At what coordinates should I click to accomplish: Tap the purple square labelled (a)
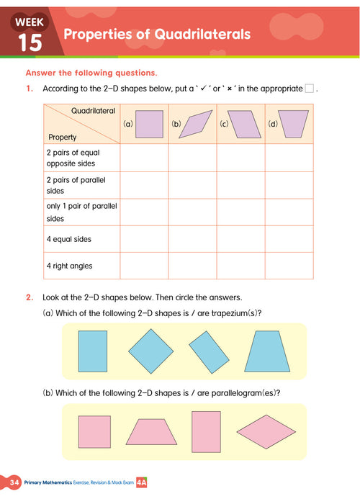[x=149, y=123]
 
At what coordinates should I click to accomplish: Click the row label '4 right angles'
[x=70, y=266]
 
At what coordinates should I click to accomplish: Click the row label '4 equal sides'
[x=69, y=239]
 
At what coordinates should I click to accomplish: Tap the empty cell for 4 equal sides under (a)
[x=144, y=239]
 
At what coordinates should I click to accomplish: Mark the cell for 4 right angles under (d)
[x=289, y=266]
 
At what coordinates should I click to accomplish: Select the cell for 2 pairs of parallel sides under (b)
[x=192, y=185]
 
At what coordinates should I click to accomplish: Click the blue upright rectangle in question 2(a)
[x=92, y=350]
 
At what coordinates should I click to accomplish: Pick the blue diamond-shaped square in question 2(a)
[x=150, y=351]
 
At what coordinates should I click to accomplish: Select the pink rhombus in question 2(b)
[x=266, y=431]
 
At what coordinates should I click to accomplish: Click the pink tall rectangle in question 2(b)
[x=205, y=431]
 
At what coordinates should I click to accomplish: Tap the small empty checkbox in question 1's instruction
[x=309, y=89]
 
